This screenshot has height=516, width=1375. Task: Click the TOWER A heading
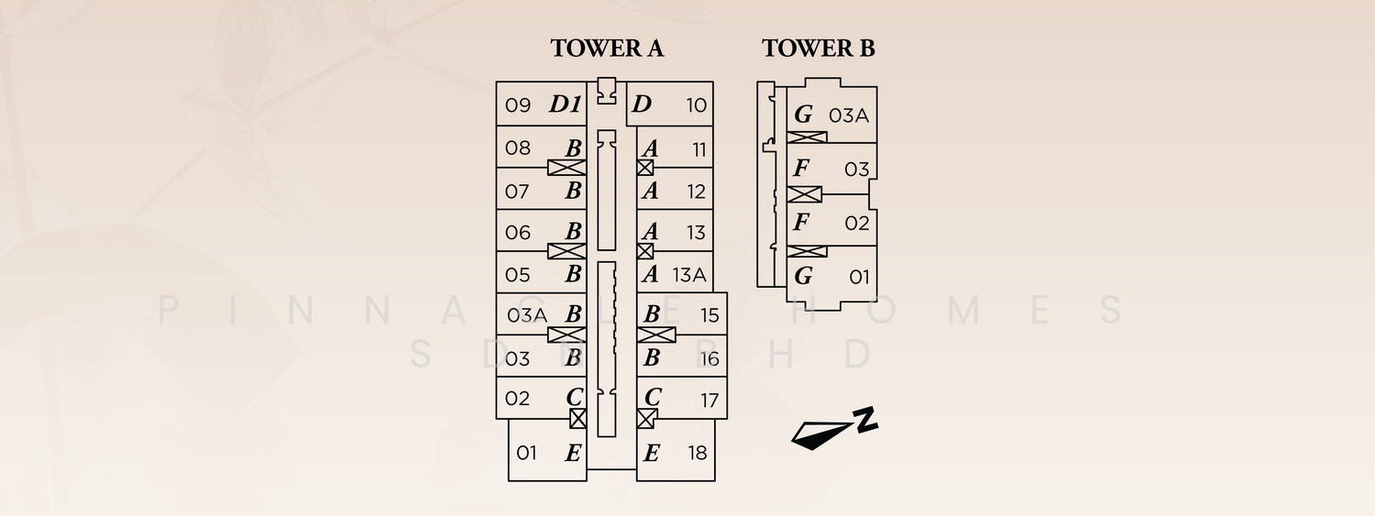(x=607, y=49)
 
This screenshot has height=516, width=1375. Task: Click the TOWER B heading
(x=818, y=49)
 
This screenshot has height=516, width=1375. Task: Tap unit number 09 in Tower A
(x=518, y=105)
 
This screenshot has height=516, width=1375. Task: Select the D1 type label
(x=566, y=104)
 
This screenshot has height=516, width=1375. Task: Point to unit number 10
(x=697, y=105)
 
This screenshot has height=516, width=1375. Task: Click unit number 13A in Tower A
(x=688, y=274)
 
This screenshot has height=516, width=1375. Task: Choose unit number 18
(x=698, y=453)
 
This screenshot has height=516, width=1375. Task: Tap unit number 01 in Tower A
(x=526, y=453)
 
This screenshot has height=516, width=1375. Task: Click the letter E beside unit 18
(x=651, y=453)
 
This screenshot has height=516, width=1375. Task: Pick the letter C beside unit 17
(x=653, y=398)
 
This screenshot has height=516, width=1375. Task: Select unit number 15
(x=709, y=315)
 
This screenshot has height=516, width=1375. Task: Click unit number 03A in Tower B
(x=848, y=115)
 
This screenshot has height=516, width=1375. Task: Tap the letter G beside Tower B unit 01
(x=803, y=276)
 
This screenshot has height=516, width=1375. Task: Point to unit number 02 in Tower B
(x=856, y=224)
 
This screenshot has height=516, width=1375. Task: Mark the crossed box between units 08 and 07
(x=566, y=168)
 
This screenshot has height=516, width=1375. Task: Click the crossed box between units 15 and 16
(x=657, y=335)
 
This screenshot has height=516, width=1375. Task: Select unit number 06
(x=518, y=233)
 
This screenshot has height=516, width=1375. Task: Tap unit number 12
(x=697, y=192)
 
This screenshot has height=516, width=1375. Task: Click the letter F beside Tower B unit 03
(x=801, y=169)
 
